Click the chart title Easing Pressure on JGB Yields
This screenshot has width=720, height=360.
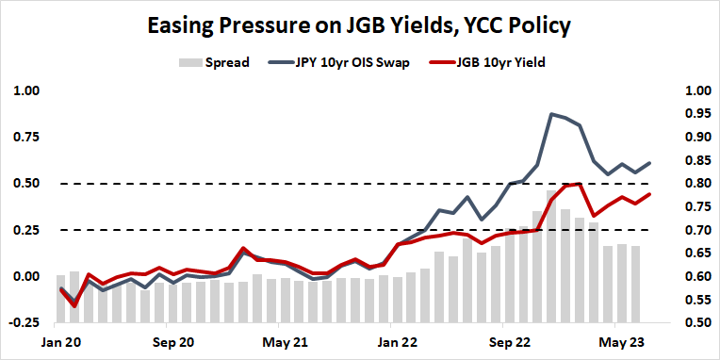pyautogui.click(x=359, y=25)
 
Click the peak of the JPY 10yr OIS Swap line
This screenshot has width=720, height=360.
pyautogui.click(x=551, y=114)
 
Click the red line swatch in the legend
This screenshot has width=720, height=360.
pyautogui.click(x=434, y=63)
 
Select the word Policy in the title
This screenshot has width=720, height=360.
pyautogui.click(x=533, y=25)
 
